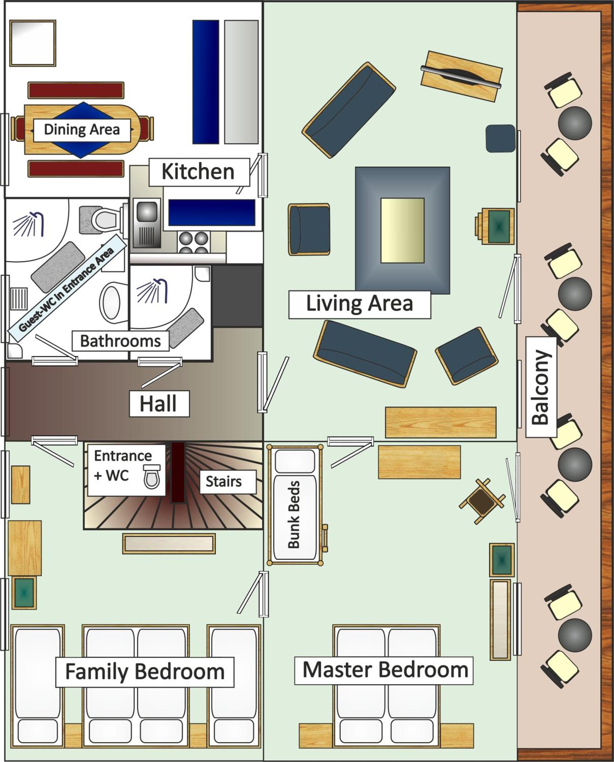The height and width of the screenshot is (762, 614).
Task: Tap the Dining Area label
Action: (82, 130)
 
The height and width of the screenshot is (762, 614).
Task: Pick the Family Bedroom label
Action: (145, 672)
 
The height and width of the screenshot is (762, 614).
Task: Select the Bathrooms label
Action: (121, 341)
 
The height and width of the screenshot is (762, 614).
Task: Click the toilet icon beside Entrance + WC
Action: (152, 477)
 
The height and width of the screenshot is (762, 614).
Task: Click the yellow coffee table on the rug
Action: (402, 230)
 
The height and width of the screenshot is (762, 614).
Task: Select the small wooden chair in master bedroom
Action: (482, 501)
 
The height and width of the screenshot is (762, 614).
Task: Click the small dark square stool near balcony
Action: (500, 138)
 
